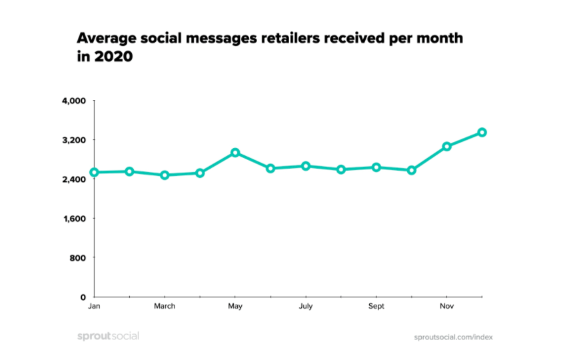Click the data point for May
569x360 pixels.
(x=235, y=153)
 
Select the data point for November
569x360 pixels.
(x=447, y=146)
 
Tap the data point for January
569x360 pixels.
(x=94, y=172)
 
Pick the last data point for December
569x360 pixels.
(x=482, y=132)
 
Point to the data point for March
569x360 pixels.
(x=165, y=175)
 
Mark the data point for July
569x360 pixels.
(x=306, y=165)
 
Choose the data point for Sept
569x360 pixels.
(x=376, y=167)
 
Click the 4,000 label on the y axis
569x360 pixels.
(x=74, y=101)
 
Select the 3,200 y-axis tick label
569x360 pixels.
(x=74, y=140)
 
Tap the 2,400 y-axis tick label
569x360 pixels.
(x=74, y=179)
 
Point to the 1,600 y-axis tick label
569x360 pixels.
(x=74, y=218)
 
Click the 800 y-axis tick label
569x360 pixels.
(x=79, y=257)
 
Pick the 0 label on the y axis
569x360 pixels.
(x=83, y=297)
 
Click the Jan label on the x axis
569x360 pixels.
(x=94, y=307)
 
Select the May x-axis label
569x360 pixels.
(x=235, y=307)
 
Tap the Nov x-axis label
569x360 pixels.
(x=447, y=307)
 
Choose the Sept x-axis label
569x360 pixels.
(x=376, y=307)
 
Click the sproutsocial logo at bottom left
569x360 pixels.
(x=107, y=336)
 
